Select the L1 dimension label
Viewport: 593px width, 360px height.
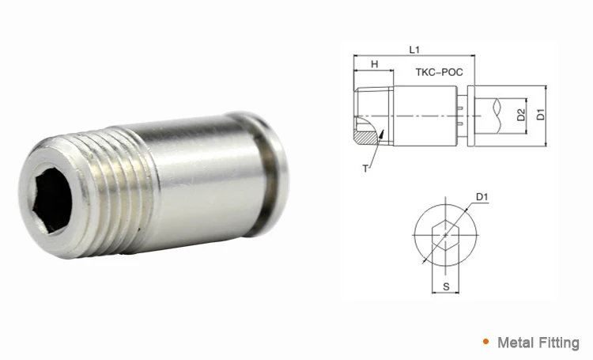pyautogui.click(x=414, y=49)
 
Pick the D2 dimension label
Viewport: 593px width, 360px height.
pyautogui.click(x=521, y=115)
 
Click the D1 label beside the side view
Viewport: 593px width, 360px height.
pyautogui.click(x=541, y=115)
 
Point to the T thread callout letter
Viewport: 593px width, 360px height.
pyautogui.click(x=366, y=169)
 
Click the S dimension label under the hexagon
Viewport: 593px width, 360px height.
pyautogui.click(x=446, y=290)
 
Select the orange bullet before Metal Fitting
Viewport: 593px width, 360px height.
pyautogui.click(x=485, y=342)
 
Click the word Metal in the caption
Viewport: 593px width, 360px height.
pyautogui.click(x=515, y=343)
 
